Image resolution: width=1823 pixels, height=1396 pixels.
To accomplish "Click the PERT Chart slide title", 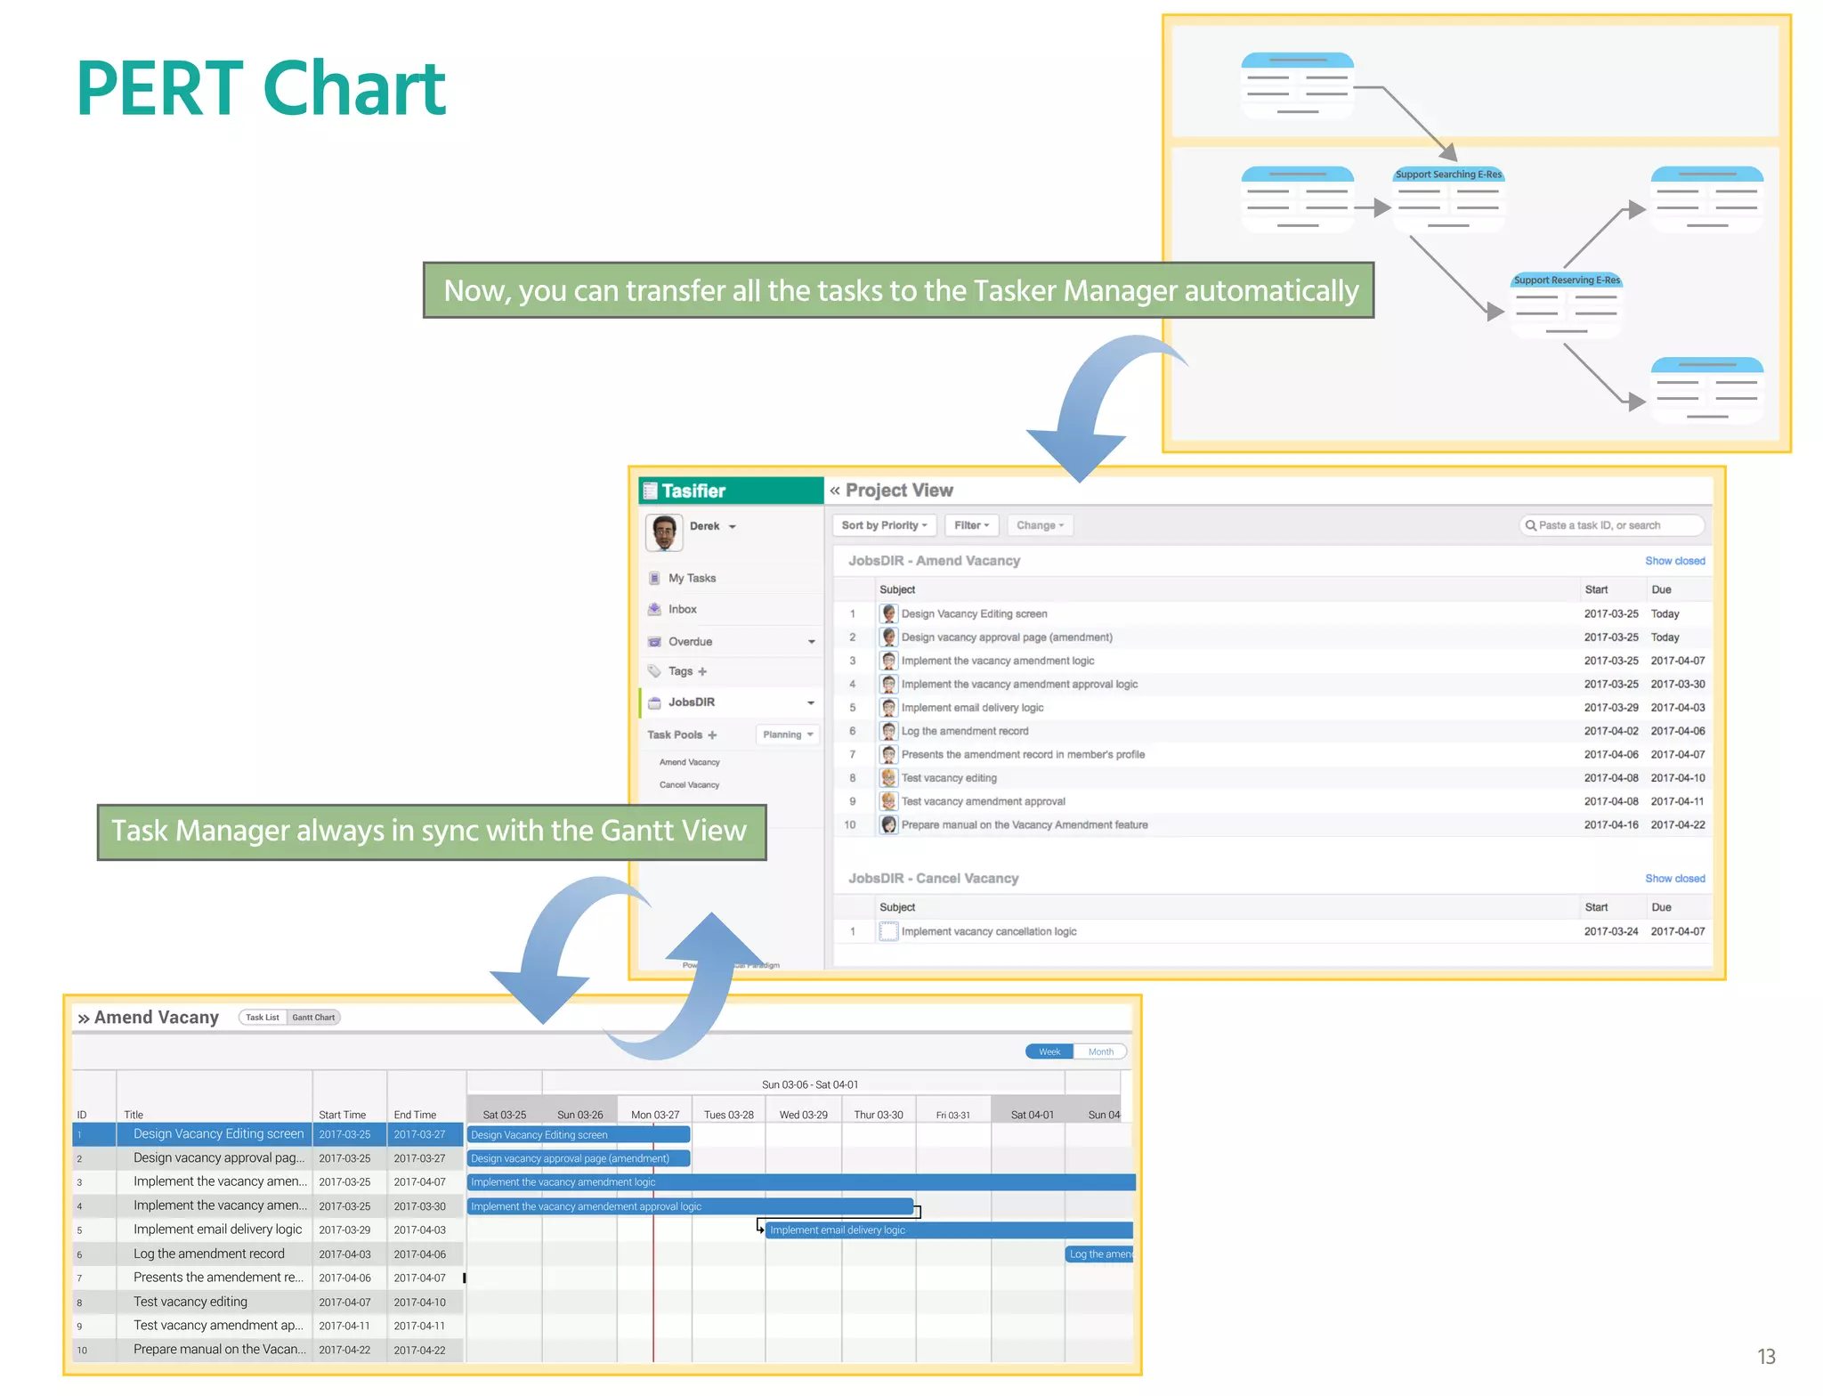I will (261, 88).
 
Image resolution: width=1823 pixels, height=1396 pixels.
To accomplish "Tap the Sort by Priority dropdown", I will (884, 525).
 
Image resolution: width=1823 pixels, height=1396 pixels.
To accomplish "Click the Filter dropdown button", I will (971, 525).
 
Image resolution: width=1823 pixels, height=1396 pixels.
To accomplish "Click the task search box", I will (1612, 525).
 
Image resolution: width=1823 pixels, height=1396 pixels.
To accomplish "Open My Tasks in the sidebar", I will (692, 578).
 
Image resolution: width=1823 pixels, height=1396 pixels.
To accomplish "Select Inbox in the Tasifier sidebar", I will (682, 609).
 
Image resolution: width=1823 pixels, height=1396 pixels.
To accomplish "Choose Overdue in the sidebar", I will (690, 641).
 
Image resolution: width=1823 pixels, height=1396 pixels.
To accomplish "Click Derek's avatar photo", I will (664, 532).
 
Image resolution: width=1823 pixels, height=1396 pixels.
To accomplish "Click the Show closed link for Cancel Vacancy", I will (1674, 879).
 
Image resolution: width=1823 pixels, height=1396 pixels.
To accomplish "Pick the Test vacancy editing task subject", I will (949, 778).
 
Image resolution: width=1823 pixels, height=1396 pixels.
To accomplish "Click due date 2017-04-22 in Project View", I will (1678, 825).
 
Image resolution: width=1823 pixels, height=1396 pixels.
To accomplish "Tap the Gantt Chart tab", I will (313, 1018).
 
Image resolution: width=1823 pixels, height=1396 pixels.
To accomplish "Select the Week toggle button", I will (1049, 1051).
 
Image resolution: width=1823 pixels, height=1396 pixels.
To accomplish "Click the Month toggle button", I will (1100, 1051).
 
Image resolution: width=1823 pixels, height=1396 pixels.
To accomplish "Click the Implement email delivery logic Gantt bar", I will (948, 1230).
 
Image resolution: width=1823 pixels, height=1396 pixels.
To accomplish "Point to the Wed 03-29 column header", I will (803, 1115).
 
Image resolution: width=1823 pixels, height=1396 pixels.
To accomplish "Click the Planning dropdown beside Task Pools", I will (788, 735).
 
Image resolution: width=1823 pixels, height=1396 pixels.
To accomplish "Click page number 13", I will (1766, 1357).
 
